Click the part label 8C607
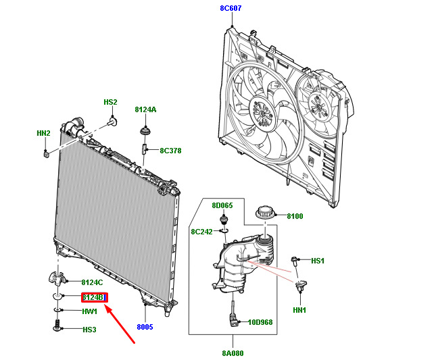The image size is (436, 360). point(231,9)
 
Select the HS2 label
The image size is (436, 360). point(110,102)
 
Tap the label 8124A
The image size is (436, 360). point(145,109)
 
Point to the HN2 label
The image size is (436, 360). point(43,133)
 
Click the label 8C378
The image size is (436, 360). point(171,151)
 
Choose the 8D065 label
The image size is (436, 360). point(222,205)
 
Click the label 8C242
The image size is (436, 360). point(201,232)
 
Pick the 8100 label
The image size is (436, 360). point(295,217)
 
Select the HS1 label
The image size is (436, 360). point(318,260)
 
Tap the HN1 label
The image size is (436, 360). point(299,310)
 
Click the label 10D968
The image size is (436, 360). point(260,322)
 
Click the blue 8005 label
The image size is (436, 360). point(145,327)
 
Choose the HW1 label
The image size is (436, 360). point(90,311)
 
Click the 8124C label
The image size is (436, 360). point(92,282)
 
